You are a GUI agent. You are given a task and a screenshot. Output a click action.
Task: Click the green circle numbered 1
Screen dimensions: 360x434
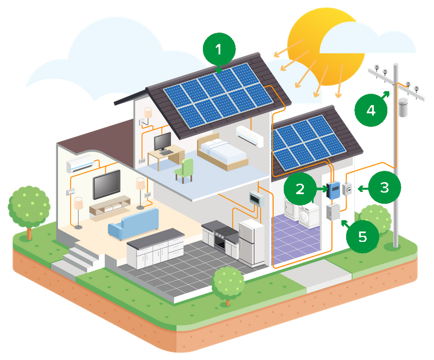click(x=219, y=50)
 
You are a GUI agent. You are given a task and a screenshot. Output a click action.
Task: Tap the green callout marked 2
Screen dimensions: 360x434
click(x=299, y=189)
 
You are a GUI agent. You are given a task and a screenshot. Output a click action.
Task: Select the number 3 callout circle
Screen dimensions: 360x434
click(x=384, y=188)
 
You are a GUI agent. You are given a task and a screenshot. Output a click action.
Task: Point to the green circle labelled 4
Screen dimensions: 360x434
click(x=371, y=110)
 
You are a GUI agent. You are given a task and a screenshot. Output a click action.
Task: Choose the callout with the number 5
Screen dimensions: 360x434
click(x=362, y=237)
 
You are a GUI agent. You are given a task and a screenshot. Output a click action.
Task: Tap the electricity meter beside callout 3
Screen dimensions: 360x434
click(x=347, y=189)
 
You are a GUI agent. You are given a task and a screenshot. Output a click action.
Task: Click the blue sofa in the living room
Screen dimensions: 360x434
click(x=128, y=226)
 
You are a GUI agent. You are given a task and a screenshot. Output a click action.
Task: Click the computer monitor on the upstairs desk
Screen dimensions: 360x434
click(x=162, y=142)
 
